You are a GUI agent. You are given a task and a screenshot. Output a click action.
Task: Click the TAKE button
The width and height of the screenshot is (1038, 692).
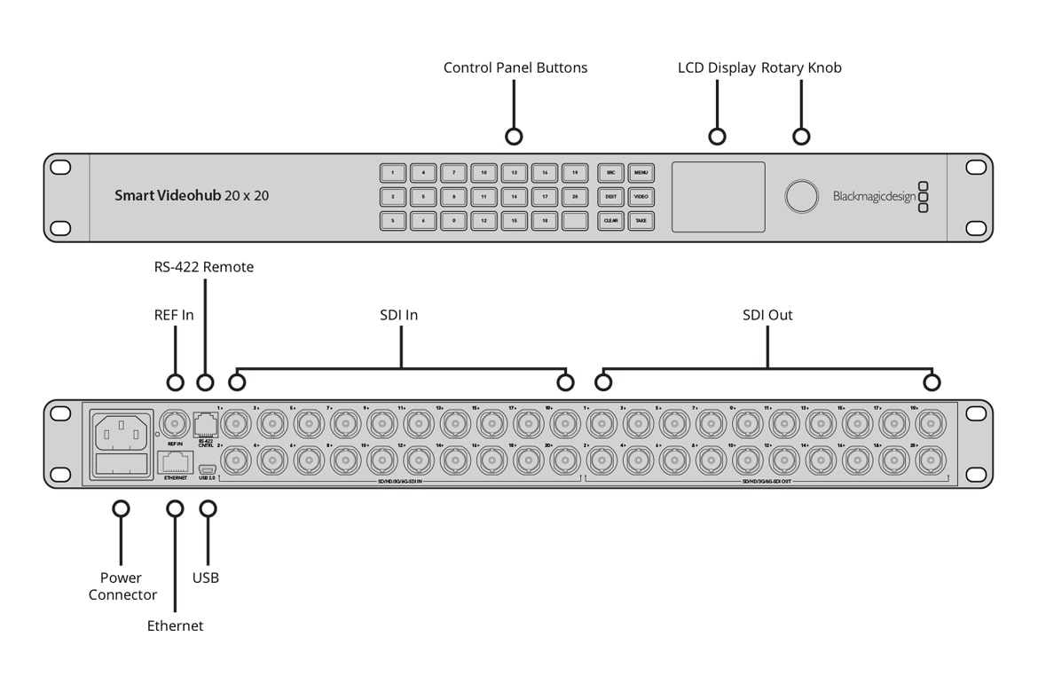(641, 220)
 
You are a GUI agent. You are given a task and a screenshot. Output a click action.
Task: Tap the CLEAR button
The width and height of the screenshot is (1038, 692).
(610, 220)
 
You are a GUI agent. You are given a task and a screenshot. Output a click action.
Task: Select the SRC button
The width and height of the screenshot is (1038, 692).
(610, 173)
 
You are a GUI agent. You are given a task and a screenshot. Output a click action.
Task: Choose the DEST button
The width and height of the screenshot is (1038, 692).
(610, 196)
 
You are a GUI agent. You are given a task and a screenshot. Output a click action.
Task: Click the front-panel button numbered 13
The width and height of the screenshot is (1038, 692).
(515, 173)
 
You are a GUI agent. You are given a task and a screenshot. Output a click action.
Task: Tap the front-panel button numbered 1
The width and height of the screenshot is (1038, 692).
(393, 173)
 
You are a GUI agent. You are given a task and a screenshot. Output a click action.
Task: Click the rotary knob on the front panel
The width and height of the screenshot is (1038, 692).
(801, 196)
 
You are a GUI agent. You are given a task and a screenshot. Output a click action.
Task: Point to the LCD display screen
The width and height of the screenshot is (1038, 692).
(718, 196)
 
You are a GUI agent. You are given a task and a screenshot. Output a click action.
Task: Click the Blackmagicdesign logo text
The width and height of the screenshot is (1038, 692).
(873, 197)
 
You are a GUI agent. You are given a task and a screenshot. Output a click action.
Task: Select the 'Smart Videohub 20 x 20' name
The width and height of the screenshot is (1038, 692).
(192, 195)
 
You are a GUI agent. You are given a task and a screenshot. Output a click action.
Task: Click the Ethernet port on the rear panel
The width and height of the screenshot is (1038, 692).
(175, 461)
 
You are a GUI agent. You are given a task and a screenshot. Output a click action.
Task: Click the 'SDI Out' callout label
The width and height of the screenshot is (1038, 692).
(767, 315)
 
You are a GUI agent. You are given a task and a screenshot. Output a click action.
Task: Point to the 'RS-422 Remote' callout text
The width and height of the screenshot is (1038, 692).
(204, 267)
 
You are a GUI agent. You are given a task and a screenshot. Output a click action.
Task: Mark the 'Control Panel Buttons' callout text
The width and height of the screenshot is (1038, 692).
(515, 67)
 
